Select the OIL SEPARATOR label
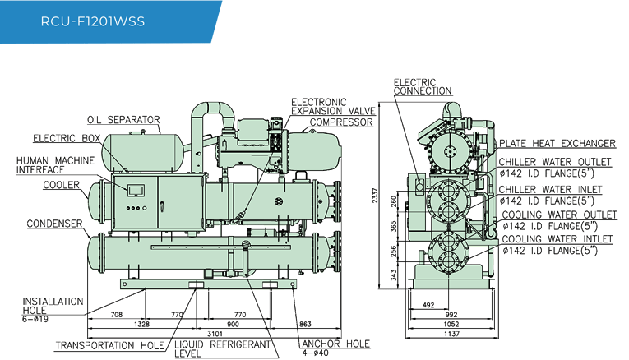click(123, 120)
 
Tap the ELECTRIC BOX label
click(63, 138)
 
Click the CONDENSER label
click(53, 224)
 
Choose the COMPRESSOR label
click(340, 122)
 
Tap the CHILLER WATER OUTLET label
click(556, 161)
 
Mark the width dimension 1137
click(450, 333)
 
